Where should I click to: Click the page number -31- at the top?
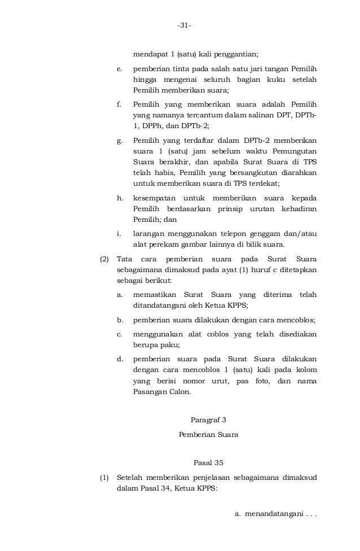[184, 25]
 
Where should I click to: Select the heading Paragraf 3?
[208, 419]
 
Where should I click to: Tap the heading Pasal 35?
[208, 463]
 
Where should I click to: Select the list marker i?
[119, 233]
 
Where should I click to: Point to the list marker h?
[119, 198]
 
